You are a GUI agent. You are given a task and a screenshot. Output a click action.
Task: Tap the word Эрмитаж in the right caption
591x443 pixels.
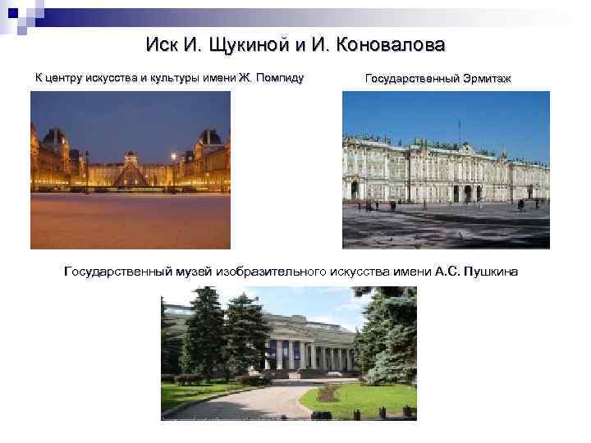coord(484,80)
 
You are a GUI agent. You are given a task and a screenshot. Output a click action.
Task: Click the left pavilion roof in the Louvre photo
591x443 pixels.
coord(56,139)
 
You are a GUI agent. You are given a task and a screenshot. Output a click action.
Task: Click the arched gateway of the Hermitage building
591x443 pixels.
coord(466,193)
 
